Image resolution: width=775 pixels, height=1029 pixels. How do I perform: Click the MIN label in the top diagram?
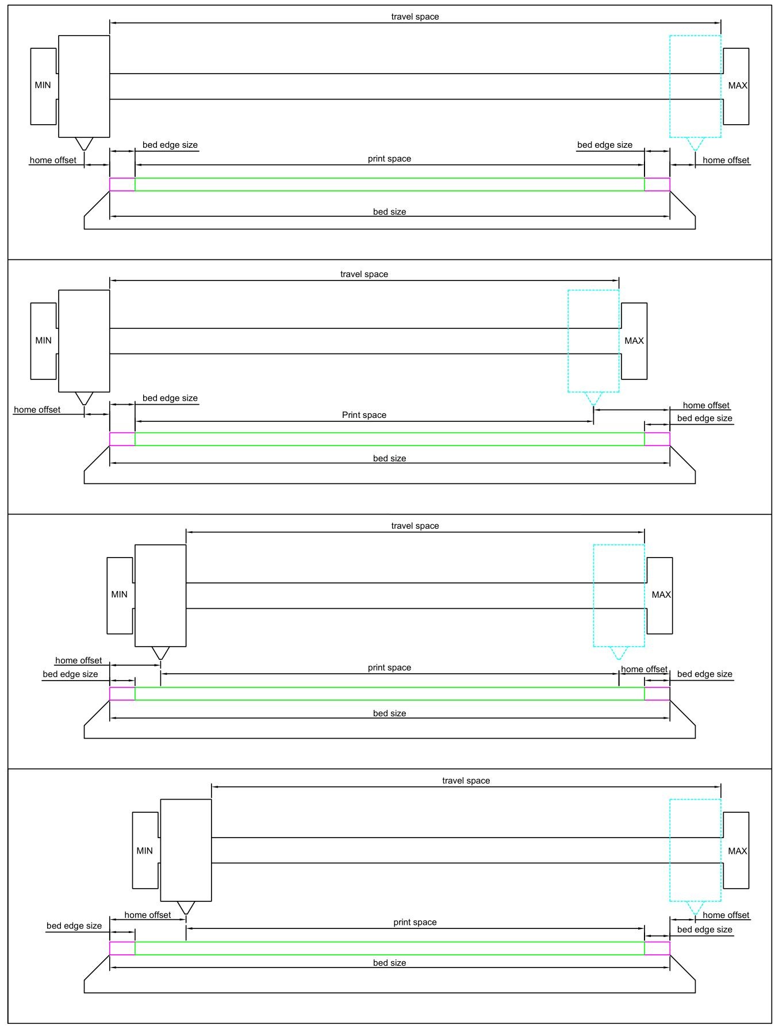[43, 85]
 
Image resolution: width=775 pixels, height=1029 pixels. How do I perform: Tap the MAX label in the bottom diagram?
[737, 851]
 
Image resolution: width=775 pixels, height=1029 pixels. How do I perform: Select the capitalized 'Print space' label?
[364, 415]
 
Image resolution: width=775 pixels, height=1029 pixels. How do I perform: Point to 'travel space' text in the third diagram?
[415, 526]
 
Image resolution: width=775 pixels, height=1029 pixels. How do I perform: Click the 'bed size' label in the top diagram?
[389, 212]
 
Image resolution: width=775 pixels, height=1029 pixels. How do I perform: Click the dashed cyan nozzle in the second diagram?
[593, 398]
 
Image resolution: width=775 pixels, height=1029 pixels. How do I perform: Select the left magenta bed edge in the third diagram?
[122, 693]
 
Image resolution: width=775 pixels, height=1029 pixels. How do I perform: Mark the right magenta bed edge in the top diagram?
[657, 184]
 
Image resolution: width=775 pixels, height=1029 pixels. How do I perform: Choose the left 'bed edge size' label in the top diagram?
[170, 145]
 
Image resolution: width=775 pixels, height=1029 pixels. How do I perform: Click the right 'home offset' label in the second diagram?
[706, 405]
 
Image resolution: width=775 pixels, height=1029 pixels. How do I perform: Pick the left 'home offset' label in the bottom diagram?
[147, 915]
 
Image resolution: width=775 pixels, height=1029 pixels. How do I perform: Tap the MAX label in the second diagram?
[634, 341]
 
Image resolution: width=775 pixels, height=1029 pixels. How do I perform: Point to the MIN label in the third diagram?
[119, 594]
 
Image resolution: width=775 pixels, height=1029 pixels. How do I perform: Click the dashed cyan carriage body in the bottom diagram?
[695, 850]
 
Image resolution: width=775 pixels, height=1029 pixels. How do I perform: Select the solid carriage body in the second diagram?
[84, 341]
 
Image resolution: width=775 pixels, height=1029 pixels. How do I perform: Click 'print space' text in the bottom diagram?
[415, 922]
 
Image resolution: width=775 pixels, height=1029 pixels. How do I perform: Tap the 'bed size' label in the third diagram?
[389, 713]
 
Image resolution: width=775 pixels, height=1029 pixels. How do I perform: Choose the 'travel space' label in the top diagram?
[415, 17]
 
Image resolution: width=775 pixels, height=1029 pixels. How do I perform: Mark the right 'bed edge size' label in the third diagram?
[704, 674]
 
